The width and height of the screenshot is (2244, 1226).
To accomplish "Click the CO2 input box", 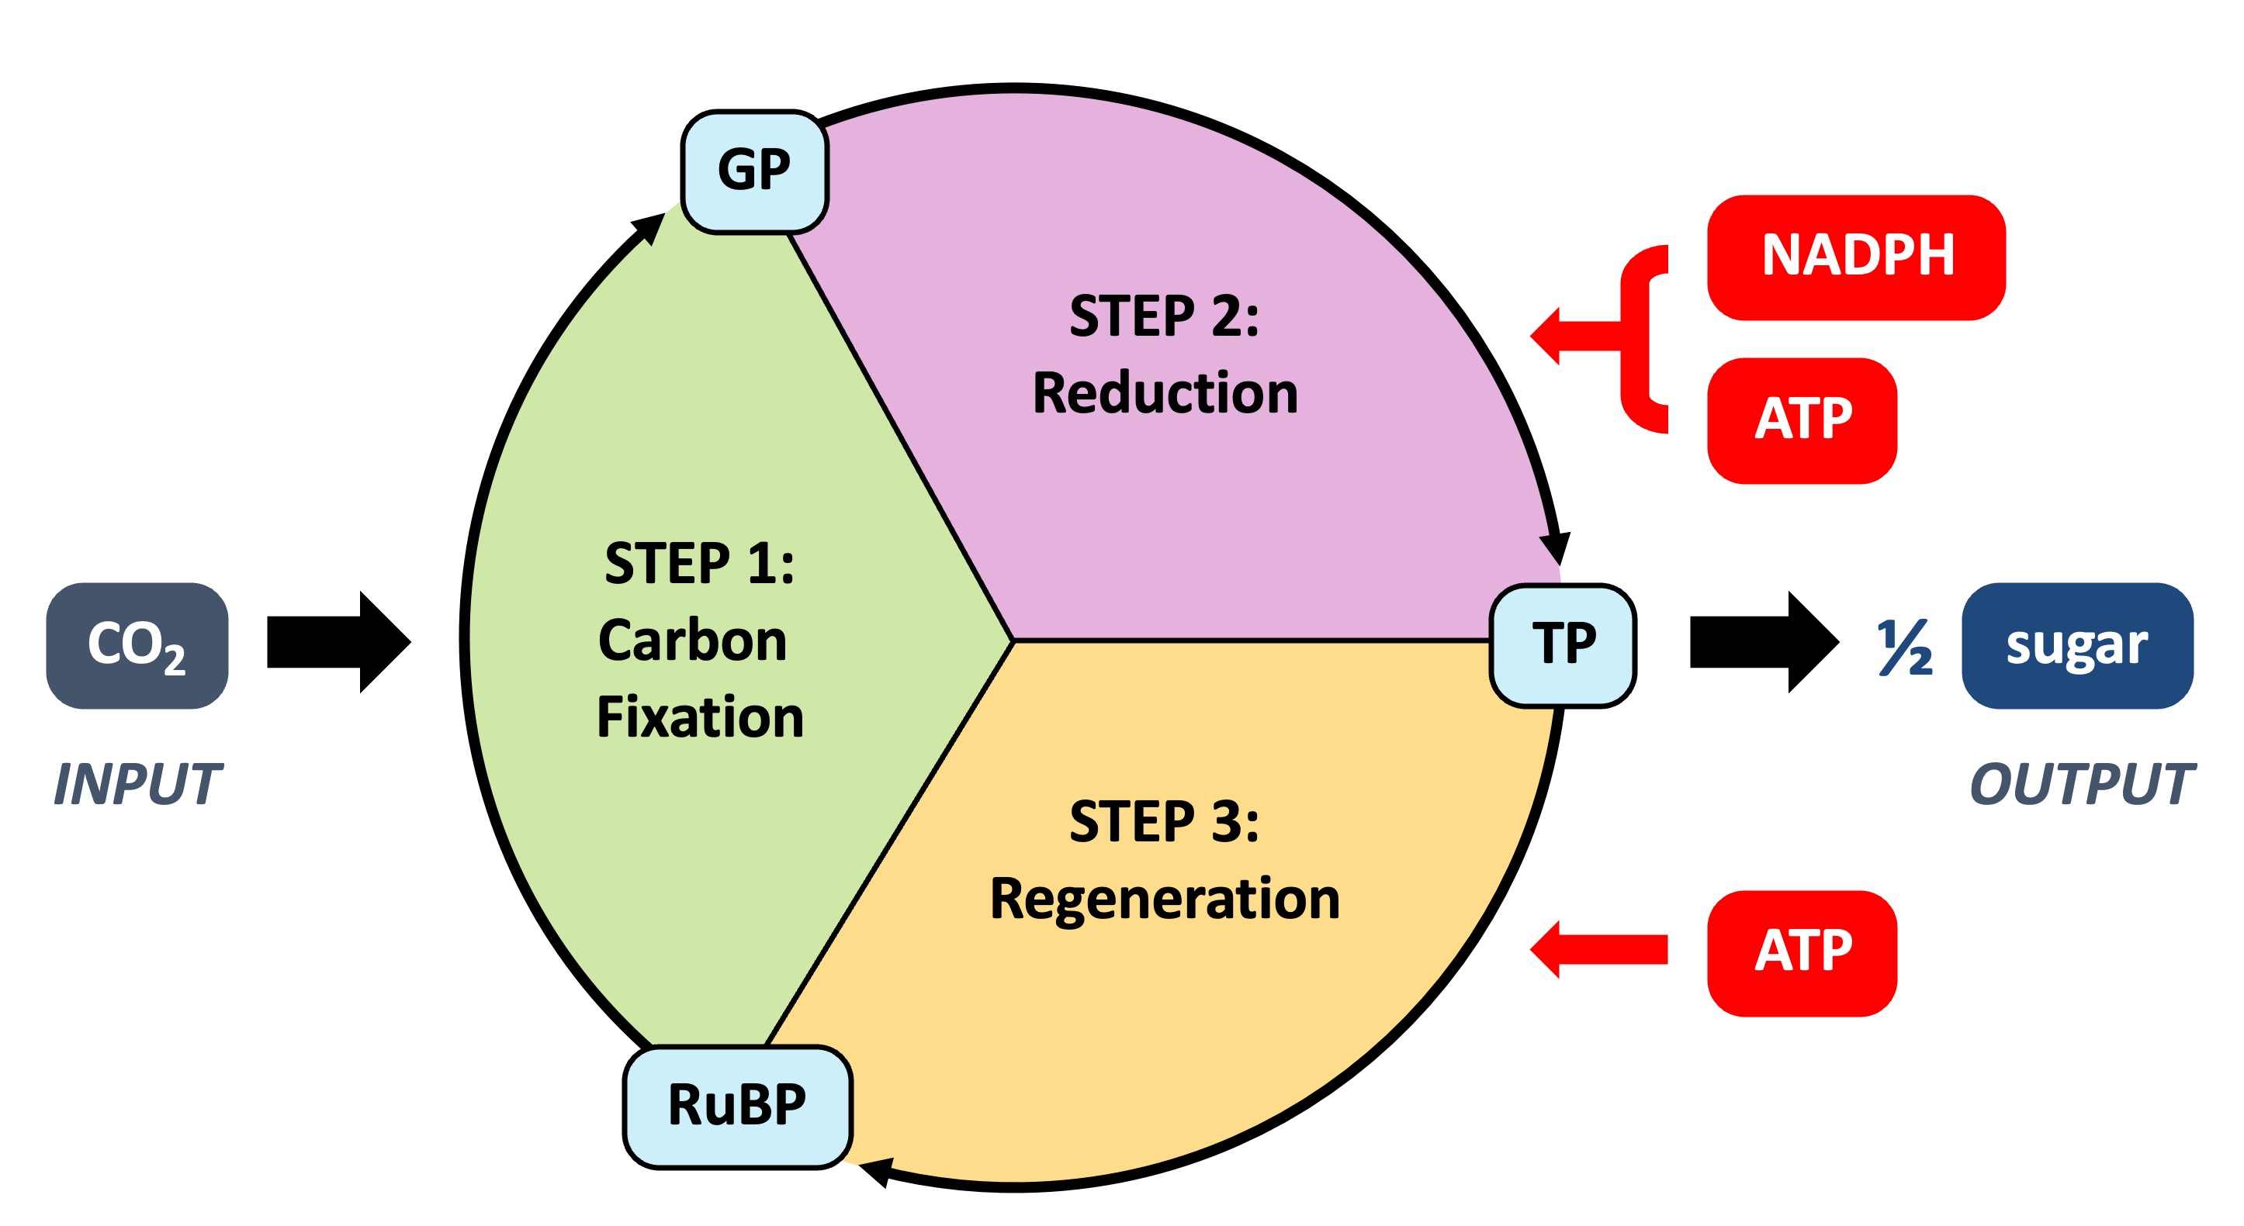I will [x=137, y=645].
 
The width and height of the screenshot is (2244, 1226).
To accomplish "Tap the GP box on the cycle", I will [x=754, y=171].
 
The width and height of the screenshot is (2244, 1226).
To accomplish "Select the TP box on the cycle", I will [x=1563, y=645].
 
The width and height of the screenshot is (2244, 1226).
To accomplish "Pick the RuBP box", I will [x=737, y=1106].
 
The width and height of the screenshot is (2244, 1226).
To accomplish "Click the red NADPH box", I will [x=1855, y=257].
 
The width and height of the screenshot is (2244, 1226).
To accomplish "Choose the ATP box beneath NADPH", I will [x=1802, y=420].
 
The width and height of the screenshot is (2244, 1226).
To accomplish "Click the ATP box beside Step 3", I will [x=1802, y=952].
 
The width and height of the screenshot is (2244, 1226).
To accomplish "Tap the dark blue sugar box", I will [x=2076, y=645].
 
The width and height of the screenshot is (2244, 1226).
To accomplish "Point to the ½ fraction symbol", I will [x=1904, y=648].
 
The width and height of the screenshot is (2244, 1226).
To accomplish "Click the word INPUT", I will [x=137, y=784].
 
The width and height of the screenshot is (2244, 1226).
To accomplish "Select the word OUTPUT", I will [x=2082, y=784].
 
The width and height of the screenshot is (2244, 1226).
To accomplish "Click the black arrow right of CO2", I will [x=338, y=643].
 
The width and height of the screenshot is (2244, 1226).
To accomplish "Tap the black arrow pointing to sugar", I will [x=1763, y=643].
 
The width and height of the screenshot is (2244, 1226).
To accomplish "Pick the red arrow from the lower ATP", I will [x=1599, y=949].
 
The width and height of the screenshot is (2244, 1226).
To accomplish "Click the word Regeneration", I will [x=1165, y=899].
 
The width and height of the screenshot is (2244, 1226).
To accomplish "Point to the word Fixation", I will [x=700, y=717].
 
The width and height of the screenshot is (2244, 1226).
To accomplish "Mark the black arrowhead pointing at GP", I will [x=650, y=228].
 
